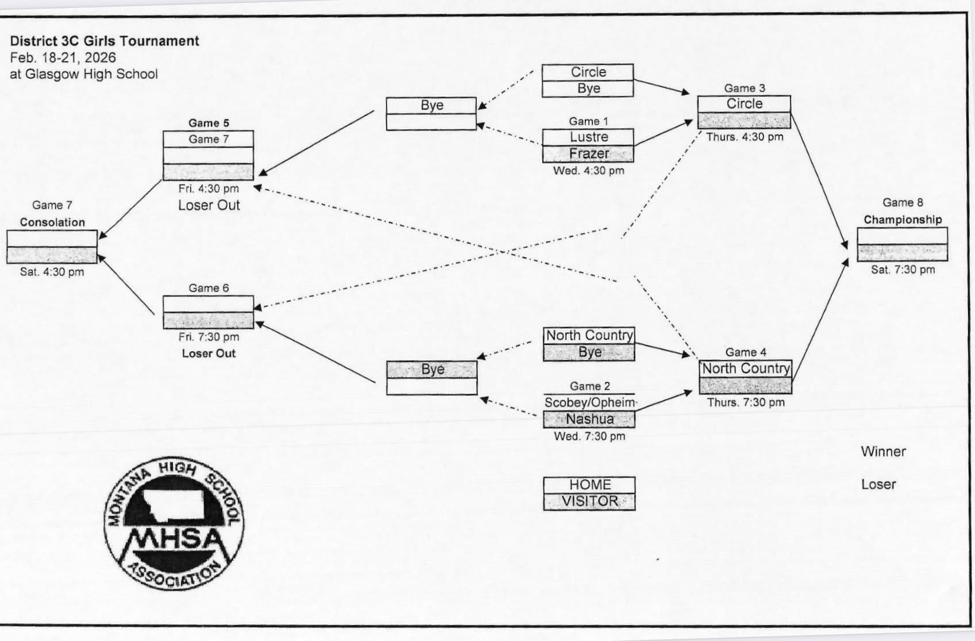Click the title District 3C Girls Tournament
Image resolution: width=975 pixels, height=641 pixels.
(x=105, y=41)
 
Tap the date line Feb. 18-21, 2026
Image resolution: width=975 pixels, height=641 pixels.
(x=63, y=57)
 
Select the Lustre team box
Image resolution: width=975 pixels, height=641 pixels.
(x=588, y=137)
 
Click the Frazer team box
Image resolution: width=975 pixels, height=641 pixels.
(x=588, y=153)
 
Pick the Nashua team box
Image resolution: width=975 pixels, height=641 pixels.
(x=589, y=419)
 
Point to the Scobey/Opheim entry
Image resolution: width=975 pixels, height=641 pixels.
(x=589, y=402)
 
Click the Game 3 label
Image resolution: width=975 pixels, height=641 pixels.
(x=744, y=88)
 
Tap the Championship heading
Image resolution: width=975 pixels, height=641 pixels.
(x=903, y=220)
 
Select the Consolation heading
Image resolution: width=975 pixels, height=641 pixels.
(x=52, y=222)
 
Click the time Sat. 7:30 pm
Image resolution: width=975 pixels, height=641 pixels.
(x=903, y=270)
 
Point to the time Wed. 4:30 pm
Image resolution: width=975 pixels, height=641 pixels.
(x=588, y=171)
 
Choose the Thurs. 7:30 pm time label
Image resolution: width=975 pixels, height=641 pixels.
(x=745, y=402)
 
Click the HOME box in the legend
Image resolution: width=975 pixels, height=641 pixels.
(x=589, y=485)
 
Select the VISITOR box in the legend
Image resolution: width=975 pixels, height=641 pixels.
(x=589, y=501)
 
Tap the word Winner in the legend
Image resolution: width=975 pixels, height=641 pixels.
(x=883, y=452)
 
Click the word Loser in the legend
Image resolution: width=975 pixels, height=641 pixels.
(x=878, y=485)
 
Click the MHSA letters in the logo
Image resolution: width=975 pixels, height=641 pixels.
(x=174, y=539)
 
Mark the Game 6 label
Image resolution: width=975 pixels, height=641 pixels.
(x=209, y=288)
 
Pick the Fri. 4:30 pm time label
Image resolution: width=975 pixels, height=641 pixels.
(x=209, y=189)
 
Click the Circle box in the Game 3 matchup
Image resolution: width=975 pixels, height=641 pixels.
(x=744, y=104)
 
